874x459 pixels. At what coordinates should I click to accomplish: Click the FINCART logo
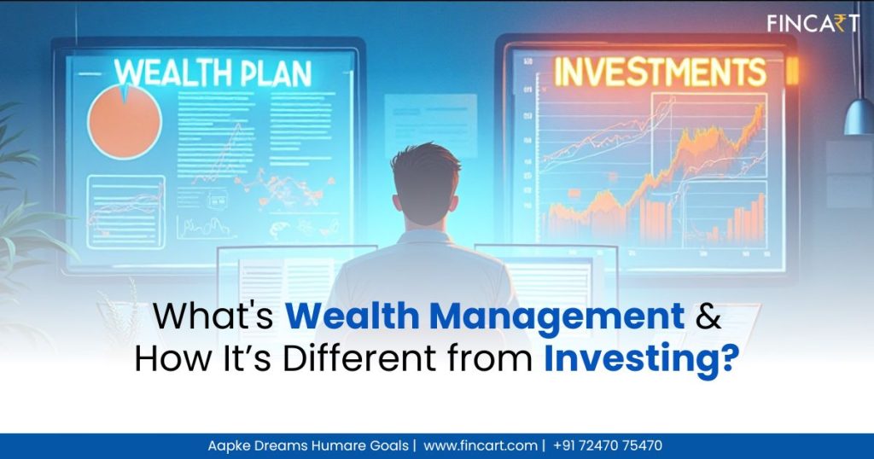811,23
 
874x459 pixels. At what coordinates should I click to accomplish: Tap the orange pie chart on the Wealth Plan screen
124,122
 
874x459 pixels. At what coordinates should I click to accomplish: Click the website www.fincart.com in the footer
481,445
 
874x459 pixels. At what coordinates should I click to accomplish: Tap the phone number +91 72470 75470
608,445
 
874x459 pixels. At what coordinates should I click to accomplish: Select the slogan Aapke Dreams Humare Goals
307,445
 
